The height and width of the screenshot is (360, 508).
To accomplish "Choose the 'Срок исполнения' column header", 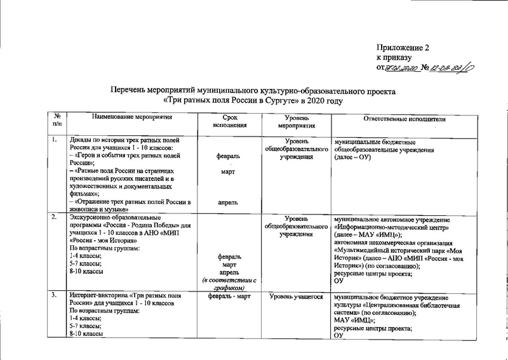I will coord(229,123).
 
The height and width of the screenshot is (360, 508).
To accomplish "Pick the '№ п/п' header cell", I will coord(58,123).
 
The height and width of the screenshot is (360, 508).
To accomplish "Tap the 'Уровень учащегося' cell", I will coord(295,296).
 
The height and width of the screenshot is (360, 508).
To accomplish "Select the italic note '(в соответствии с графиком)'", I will coord(229,284).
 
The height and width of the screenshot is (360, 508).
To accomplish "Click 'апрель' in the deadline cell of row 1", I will coord(229,203).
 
